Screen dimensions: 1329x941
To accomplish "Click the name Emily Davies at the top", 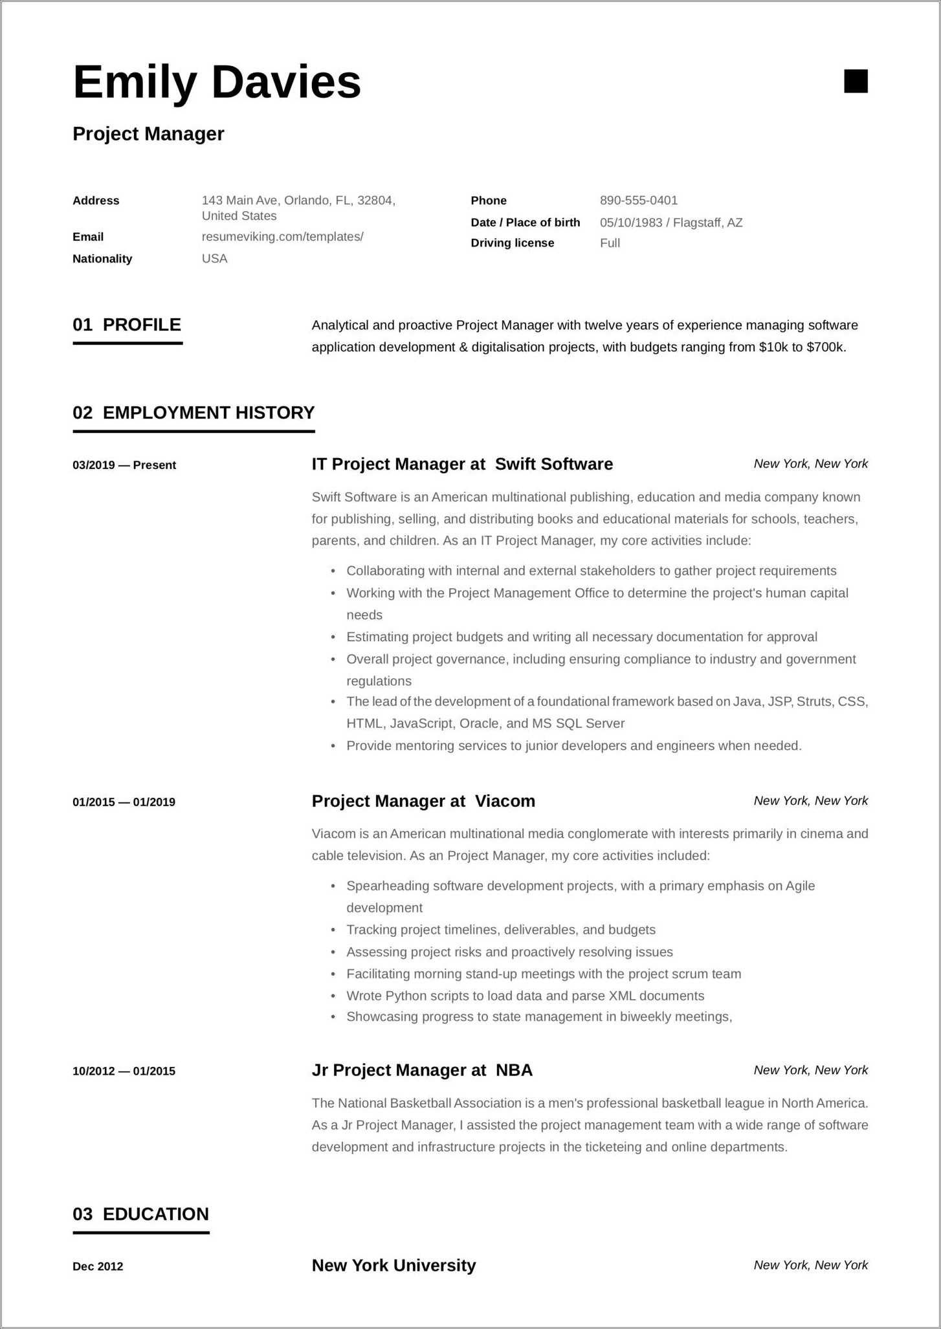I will (x=217, y=82).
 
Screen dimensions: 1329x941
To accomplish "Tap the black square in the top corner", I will (x=856, y=82).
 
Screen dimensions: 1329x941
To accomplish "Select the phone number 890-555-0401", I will (x=638, y=201).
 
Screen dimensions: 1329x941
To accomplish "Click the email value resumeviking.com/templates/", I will (x=282, y=237).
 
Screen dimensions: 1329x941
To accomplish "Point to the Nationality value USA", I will (x=214, y=259).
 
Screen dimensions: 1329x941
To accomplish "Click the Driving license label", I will (x=512, y=243).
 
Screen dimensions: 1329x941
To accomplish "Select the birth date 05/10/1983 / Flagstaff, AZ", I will (x=670, y=223).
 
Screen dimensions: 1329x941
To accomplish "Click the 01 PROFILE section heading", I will (x=127, y=325).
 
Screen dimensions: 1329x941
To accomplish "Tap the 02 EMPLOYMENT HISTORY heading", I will (x=194, y=413).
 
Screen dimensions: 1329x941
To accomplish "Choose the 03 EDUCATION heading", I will (x=140, y=1214).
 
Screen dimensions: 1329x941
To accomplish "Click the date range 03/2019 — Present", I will (x=124, y=465).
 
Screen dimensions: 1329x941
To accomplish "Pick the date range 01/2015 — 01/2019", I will (x=124, y=802).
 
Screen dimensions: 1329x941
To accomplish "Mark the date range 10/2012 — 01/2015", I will (x=124, y=1071).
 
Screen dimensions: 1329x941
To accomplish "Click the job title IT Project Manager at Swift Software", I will (x=462, y=464).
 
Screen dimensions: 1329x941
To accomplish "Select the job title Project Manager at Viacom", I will (x=423, y=801).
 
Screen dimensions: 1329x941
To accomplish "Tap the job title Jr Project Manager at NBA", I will (x=422, y=1070).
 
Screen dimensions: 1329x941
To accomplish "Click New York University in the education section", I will (x=393, y=1265).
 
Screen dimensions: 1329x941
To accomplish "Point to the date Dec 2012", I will (x=98, y=1266).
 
